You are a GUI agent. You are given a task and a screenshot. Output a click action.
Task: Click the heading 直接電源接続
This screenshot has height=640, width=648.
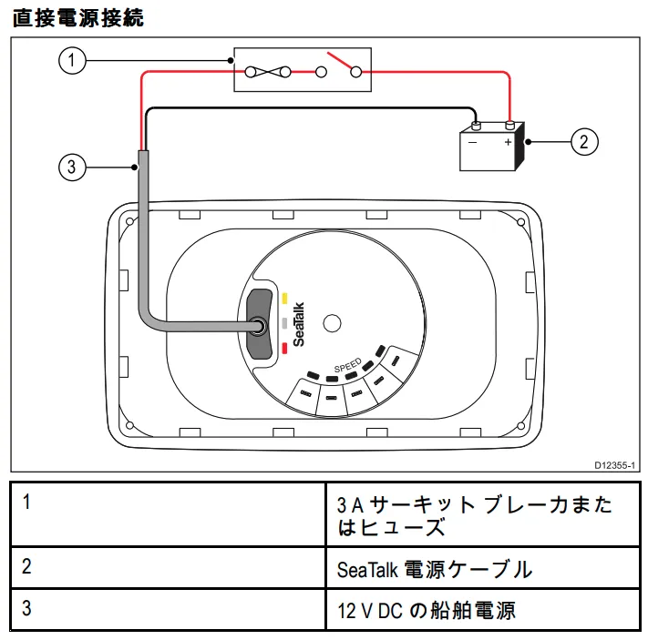point(77,17)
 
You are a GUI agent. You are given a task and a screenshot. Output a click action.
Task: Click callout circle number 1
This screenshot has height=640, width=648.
point(72,61)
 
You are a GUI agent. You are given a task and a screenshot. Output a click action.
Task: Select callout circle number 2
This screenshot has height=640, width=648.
point(584,141)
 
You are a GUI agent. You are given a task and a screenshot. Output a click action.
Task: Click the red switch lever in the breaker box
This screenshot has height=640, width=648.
point(341,62)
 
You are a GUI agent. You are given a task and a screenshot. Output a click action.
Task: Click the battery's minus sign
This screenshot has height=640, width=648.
point(472,142)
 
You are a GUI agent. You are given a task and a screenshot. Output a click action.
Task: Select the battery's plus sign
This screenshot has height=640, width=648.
point(508,142)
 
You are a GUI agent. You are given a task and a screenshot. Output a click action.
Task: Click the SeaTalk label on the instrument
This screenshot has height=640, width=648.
point(300,324)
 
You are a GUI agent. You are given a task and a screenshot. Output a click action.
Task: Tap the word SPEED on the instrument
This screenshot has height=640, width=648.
point(347,367)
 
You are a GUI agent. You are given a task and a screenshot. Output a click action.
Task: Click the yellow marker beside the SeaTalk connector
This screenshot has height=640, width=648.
point(284,298)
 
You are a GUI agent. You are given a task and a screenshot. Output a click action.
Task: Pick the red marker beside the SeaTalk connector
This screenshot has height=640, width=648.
point(285,347)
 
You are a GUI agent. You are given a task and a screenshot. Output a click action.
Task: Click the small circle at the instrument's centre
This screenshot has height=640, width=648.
point(333,322)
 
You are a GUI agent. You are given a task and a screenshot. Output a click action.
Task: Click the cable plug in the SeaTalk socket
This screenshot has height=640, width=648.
point(260,323)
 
